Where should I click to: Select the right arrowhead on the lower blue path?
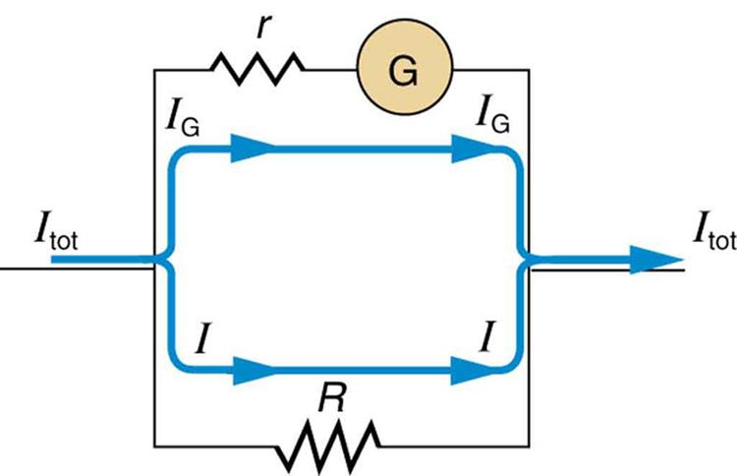475,372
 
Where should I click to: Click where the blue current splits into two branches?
167,261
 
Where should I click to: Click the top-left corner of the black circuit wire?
155,70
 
